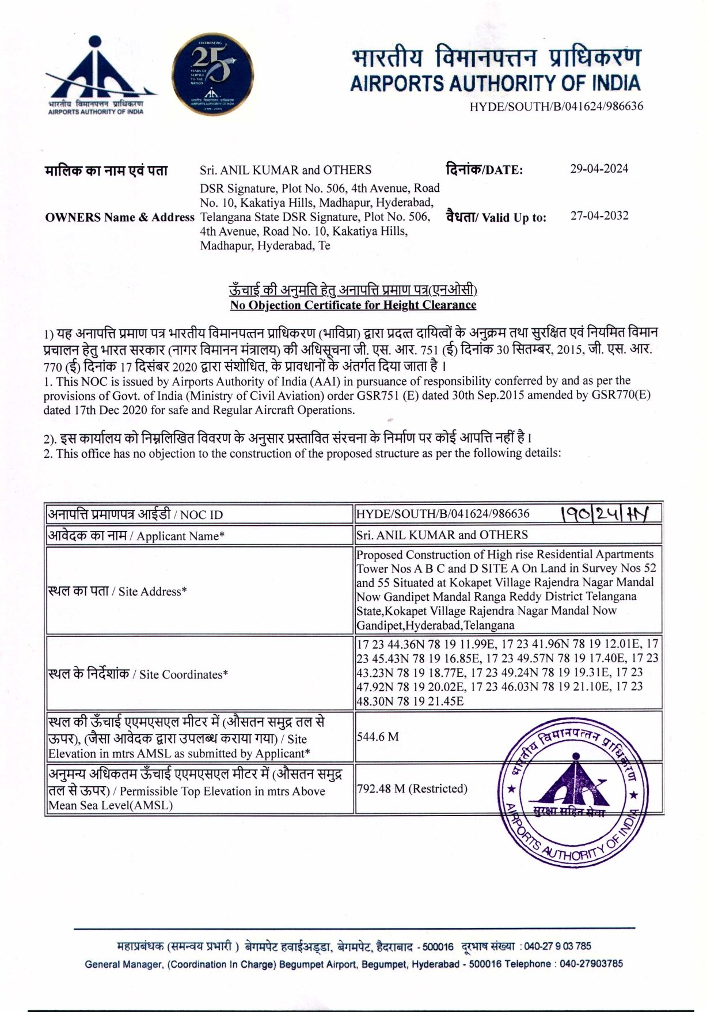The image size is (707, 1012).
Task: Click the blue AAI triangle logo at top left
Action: pos(95,72)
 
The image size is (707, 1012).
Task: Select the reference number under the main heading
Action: pos(556,107)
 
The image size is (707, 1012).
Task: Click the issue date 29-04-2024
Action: pos(599,169)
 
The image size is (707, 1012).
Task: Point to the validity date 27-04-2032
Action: pos(599,216)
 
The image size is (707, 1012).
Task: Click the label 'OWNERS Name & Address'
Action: pos(120,217)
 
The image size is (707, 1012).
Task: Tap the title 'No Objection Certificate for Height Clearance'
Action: pos(353,305)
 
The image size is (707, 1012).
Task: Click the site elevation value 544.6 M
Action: pos(378,737)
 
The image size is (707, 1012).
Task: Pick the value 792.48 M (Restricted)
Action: pos(412,788)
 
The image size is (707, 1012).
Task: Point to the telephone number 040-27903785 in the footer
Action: pos(591,964)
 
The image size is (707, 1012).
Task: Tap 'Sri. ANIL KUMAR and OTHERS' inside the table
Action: pos(442,535)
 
